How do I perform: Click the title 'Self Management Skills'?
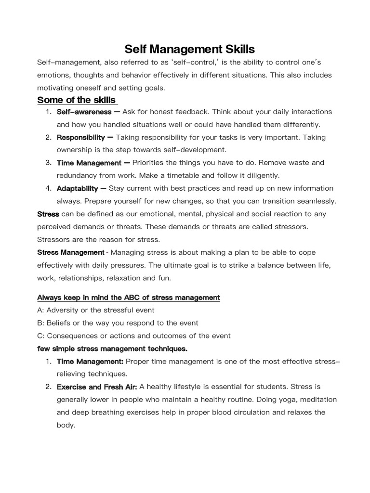(189, 49)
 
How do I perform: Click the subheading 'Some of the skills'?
(77, 100)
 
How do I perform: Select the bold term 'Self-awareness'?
(84, 112)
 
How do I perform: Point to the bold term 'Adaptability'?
(78, 188)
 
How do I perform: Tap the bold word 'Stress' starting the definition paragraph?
(48, 214)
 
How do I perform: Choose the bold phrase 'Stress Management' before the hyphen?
(70, 252)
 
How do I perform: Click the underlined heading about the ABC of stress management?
(128, 298)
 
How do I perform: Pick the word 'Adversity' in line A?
(62, 310)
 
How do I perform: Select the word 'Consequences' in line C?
(67, 336)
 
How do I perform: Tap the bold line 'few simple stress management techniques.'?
(112, 348)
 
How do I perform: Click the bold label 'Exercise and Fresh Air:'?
(97, 387)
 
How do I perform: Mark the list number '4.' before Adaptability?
(49, 188)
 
